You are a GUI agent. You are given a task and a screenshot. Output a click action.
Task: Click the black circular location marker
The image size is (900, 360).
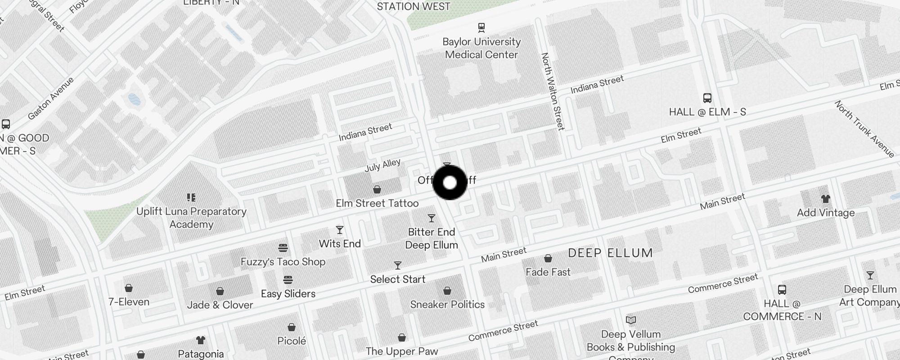[450, 183]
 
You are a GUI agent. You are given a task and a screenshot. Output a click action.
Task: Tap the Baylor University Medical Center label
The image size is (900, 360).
[481, 48]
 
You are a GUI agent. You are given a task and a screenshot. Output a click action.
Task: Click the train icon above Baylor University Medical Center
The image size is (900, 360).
[481, 27]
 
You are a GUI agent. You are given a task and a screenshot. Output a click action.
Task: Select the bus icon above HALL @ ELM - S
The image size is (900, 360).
[707, 98]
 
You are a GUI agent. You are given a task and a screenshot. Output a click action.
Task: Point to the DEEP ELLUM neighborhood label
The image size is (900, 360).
[610, 253]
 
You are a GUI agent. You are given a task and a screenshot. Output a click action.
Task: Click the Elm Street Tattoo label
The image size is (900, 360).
[377, 203]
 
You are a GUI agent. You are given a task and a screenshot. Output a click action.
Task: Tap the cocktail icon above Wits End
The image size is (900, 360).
[340, 230]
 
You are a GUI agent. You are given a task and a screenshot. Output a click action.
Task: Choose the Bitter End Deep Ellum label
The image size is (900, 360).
[432, 238]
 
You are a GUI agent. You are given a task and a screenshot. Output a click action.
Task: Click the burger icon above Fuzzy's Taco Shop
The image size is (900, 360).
[283, 248]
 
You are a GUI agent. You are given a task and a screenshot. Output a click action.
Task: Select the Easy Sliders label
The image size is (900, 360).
[288, 294]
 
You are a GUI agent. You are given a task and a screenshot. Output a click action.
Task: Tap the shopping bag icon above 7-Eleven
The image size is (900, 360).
[129, 288]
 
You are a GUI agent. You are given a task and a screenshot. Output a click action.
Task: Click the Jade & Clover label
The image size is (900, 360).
[220, 305]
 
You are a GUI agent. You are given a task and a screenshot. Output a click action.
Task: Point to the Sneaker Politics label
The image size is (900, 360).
[447, 305]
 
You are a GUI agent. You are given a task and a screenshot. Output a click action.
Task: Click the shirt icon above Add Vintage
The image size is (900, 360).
[825, 199]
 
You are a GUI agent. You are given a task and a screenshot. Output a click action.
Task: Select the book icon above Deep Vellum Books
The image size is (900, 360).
[631, 320]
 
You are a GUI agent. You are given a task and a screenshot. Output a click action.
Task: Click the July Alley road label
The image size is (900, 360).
[382, 166]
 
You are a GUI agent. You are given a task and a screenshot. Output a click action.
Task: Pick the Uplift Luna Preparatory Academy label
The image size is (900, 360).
[191, 218]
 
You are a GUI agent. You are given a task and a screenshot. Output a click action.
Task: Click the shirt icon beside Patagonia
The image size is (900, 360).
[201, 341]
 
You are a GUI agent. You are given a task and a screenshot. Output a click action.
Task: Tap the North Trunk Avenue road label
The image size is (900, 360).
[864, 129]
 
